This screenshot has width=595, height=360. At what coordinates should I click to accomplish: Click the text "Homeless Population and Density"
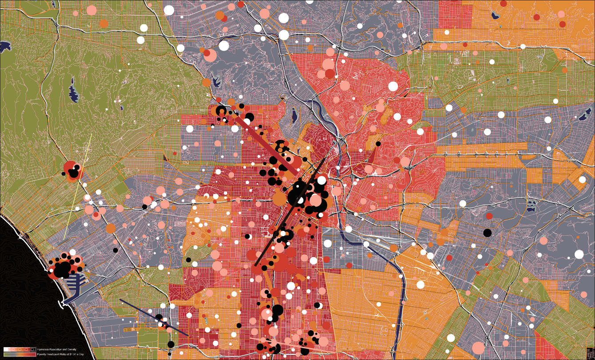click(x=56, y=350)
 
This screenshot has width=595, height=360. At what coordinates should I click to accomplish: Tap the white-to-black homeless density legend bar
click(x=20, y=350)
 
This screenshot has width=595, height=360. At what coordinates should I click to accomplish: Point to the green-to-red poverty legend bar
click(x=20, y=354)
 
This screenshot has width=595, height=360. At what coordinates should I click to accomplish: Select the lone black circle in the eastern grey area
click(x=488, y=232)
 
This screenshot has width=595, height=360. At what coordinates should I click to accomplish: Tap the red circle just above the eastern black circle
click(x=489, y=216)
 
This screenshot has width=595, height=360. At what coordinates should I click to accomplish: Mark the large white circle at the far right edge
click(x=579, y=254)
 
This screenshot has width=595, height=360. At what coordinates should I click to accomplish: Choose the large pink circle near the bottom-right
click(x=478, y=348)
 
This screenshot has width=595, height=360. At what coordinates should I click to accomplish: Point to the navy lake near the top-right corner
click(x=495, y=16)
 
